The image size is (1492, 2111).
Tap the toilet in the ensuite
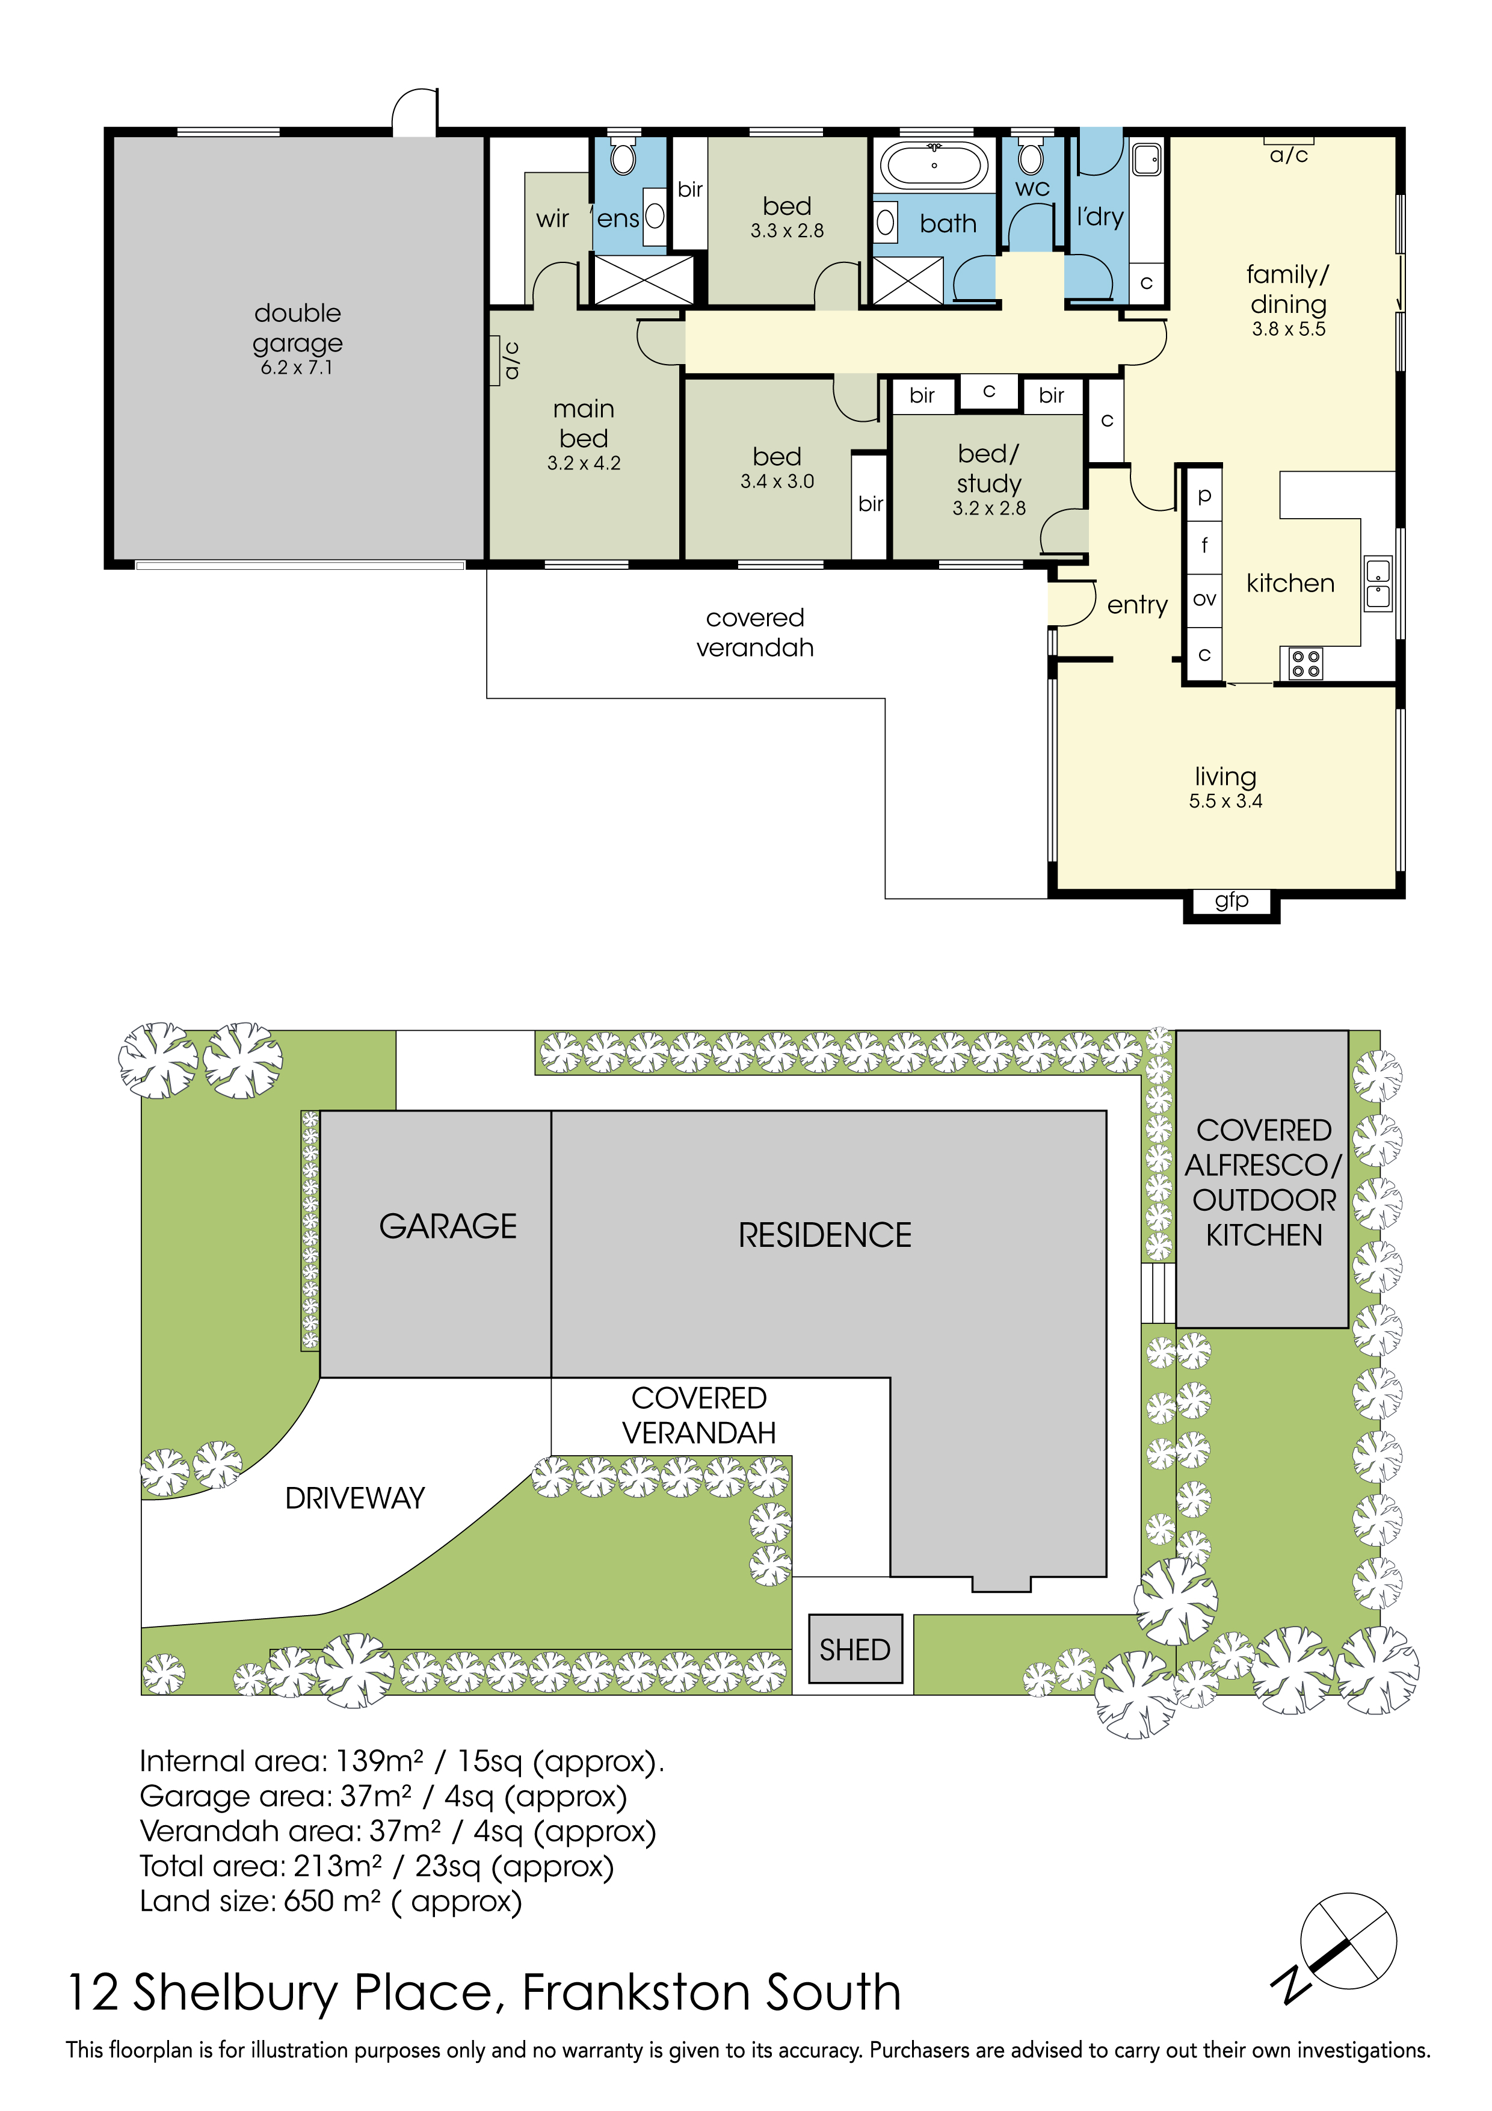click(623, 157)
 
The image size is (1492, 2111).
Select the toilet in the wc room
click(1031, 157)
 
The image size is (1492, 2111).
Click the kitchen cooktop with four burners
click(1305, 664)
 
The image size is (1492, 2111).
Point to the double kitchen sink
click(1377, 584)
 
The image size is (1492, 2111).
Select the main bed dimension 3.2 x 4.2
click(584, 463)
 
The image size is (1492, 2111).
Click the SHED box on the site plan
click(855, 1649)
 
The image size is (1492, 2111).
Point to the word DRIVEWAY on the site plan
click(355, 1498)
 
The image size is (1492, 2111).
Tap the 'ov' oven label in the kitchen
click(1204, 599)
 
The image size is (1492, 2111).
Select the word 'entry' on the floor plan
click(1137, 605)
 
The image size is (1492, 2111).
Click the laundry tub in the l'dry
click(1145, 160)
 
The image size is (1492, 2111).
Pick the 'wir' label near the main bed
click(552, 219)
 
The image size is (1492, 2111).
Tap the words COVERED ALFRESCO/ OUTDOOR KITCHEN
click(1264, 1182)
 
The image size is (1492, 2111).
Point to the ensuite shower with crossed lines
click(644, 279)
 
